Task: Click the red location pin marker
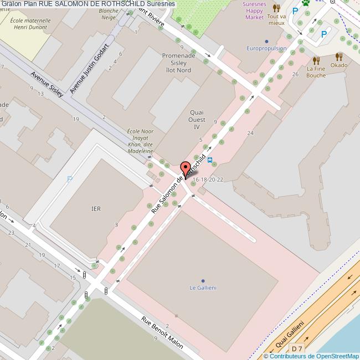click(x=186, y=168)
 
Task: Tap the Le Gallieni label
click(x=203, y=287)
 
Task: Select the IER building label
click(x=96, y=209)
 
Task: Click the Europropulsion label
click(x=266, y=48)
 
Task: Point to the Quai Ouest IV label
click(x=197, y=119)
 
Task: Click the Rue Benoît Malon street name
click(x=162, y=332)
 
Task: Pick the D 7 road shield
click(x=297, y=348)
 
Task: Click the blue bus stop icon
click(x=211, y=162)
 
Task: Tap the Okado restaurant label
click(x=340, y=65)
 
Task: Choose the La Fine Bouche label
click(x=316, y=71)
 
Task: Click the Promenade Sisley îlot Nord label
click(x=177, y=62)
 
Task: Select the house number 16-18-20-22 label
click(x=208, y=179)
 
